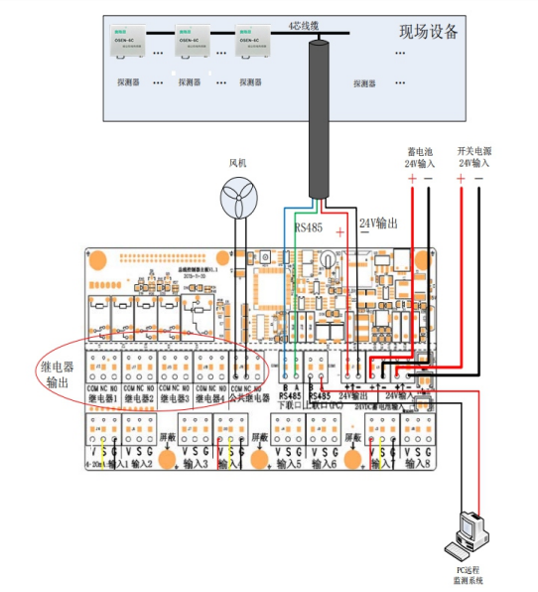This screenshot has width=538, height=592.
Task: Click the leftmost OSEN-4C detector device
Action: tap(127, 41)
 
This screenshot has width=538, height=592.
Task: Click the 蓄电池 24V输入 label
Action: tap(420, 156)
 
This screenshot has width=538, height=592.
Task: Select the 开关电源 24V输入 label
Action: tap(473, 156)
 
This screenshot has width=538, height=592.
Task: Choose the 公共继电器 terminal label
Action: tap(247, 398)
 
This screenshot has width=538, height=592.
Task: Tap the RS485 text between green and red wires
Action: tap(311, 226)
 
